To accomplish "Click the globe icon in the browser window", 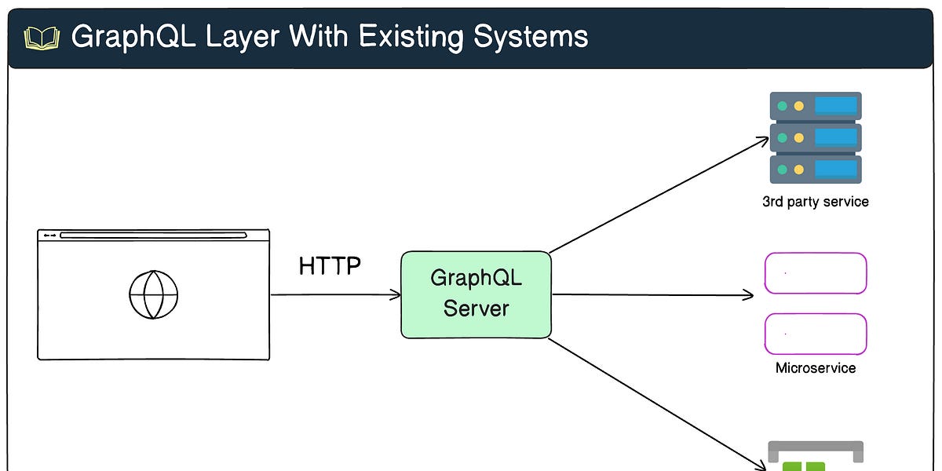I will [x=154, y=295].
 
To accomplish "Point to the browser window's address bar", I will [x=153, y=235].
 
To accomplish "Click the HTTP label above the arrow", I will [x=330, y=266].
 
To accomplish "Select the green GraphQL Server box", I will [x=476, y=294].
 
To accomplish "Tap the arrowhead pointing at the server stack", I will [x=764, y=141].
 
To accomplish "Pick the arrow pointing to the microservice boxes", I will [x=652, y=295].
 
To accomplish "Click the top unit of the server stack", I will [x=816, y=106].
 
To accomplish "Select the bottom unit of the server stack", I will [x=816, y=170].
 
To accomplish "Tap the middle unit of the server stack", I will [x=816, y=137].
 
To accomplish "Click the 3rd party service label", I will [x=815, y=202].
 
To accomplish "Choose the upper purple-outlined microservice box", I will [x=816, y=273].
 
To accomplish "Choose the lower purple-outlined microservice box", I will [x=816, y=334].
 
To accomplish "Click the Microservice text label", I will [x=816, y=368].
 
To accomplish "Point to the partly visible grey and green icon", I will [x=815, y=456].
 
